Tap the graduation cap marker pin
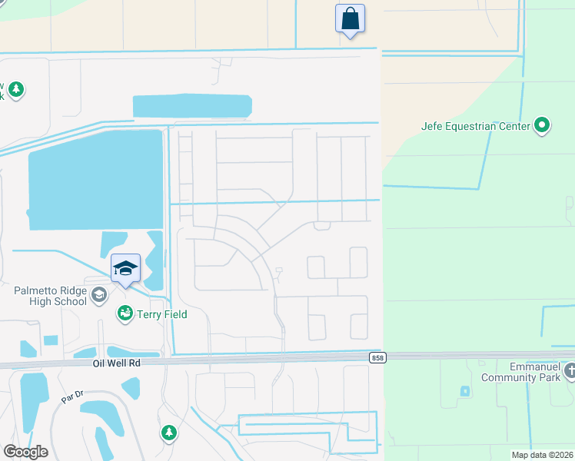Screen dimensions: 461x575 125,268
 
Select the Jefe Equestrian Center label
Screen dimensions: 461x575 476,125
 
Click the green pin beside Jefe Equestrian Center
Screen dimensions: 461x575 542,124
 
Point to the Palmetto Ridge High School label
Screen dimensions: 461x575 50,296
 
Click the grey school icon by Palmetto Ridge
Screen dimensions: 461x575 98,295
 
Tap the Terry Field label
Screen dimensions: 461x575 161,313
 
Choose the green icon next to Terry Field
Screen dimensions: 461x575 125,313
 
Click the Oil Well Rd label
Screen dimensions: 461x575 115,363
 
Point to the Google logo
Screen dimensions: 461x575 25,451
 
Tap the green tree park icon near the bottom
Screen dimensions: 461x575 168,433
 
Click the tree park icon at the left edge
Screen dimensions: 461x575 15,91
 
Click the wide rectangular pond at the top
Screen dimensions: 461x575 192,106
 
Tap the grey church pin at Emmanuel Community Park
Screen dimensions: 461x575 569,372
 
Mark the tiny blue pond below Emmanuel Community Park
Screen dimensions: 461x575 465,391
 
